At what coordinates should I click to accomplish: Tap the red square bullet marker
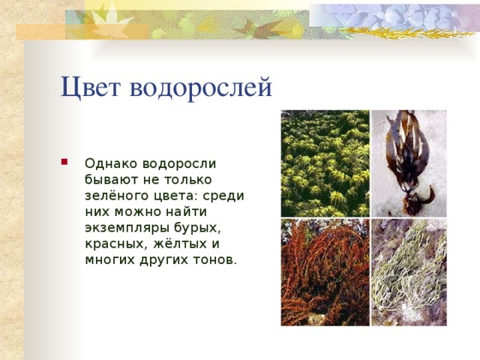pos(67,161)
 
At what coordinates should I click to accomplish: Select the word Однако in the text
pos(109,163)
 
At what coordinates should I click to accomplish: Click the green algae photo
pos(325,163)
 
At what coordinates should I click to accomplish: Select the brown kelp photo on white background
pos(409,163)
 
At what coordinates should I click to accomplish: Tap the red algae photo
pos(325,272)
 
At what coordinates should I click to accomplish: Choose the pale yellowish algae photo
pos(409,272)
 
